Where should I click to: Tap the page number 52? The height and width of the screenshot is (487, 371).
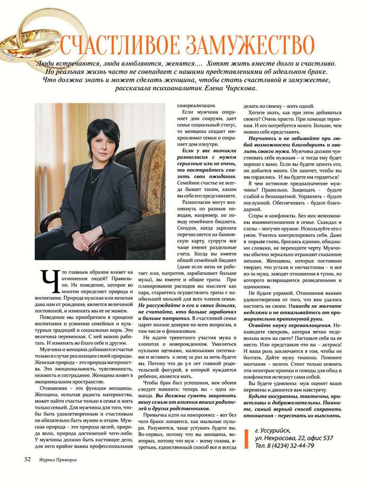click(x=28, y=460)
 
